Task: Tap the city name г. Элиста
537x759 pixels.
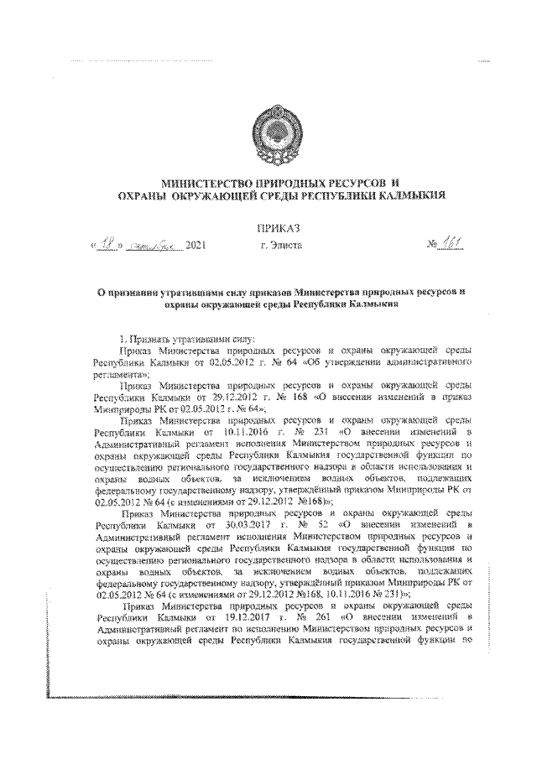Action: pyautogui.click(x=276, y=247)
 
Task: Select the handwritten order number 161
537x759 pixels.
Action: pyautogui.click(x=454, y=244)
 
